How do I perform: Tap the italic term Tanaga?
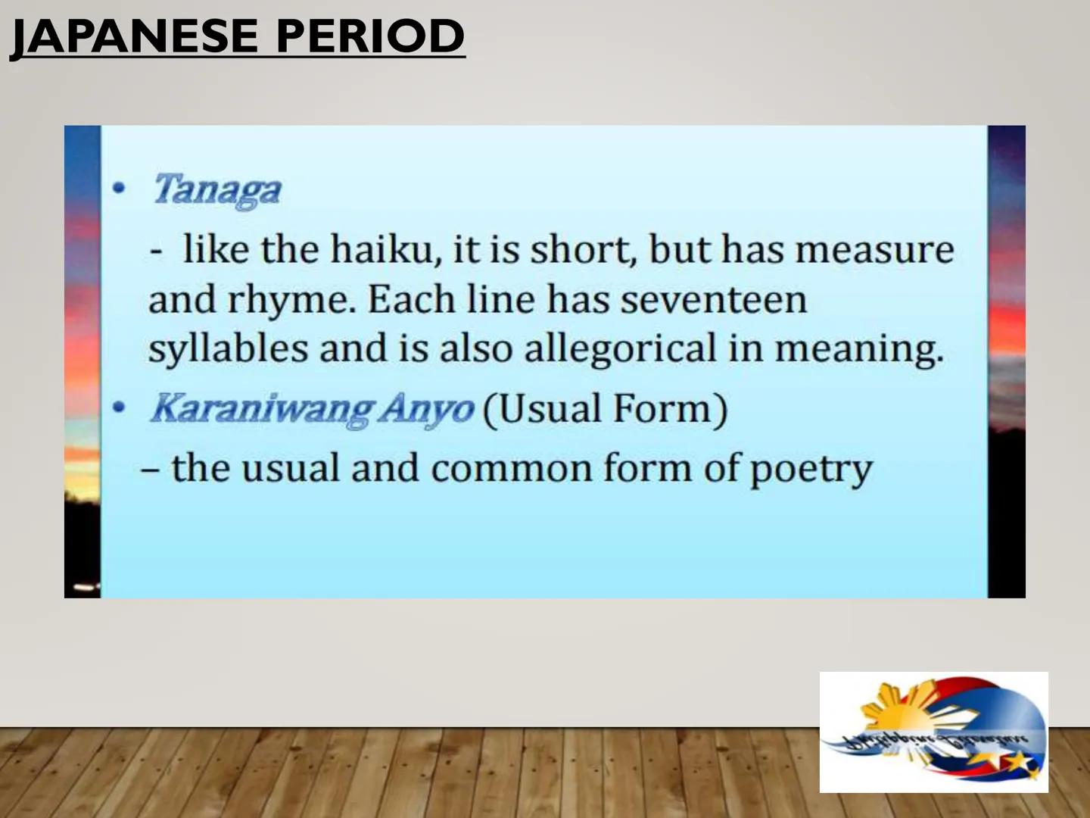click(x=217, y=189)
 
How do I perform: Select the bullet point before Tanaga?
click(x=118, y=189)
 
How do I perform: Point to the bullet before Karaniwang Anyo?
click(x=118, y=408)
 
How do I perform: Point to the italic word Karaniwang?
click(x=261, y=409)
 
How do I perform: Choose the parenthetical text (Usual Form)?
click(x=605, y=409)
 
